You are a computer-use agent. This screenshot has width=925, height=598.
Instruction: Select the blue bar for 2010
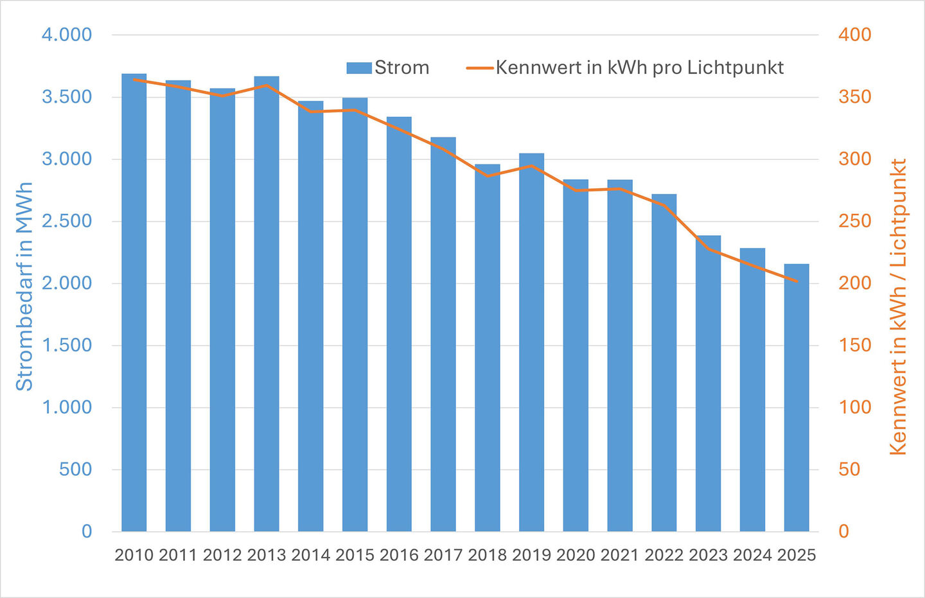click(134, 303)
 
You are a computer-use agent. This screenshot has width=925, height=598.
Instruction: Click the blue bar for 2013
click(267, 304)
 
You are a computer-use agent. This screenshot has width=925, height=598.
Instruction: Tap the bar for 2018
click(488, 347)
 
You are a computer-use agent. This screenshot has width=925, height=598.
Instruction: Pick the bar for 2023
click(708, 383)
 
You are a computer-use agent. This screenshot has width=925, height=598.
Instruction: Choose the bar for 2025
click(797, 398)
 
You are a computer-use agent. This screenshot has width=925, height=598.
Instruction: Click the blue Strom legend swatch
click(359, 68)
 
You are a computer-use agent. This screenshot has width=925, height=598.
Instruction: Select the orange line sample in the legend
click(480, 68)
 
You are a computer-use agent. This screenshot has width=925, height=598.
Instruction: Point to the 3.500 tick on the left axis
click(67, 97)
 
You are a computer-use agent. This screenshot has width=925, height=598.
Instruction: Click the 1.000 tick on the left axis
click(67, 407)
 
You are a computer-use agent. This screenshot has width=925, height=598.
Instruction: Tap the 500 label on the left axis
click(76, 470)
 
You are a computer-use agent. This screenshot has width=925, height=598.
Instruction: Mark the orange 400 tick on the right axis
click(855, 35)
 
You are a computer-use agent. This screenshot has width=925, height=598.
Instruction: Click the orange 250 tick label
click(855, 222)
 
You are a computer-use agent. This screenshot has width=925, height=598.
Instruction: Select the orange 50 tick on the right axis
click(849, 470)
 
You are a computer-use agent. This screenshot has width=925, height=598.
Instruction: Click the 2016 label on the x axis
click(399, 555)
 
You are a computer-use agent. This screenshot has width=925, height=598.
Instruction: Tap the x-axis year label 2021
click(620, 555)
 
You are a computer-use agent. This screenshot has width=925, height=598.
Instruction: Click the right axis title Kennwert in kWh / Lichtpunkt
click(898, 307)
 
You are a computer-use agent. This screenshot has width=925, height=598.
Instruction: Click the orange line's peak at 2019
click(531, 166)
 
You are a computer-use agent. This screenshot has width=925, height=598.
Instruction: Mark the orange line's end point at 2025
click(797, 281)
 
